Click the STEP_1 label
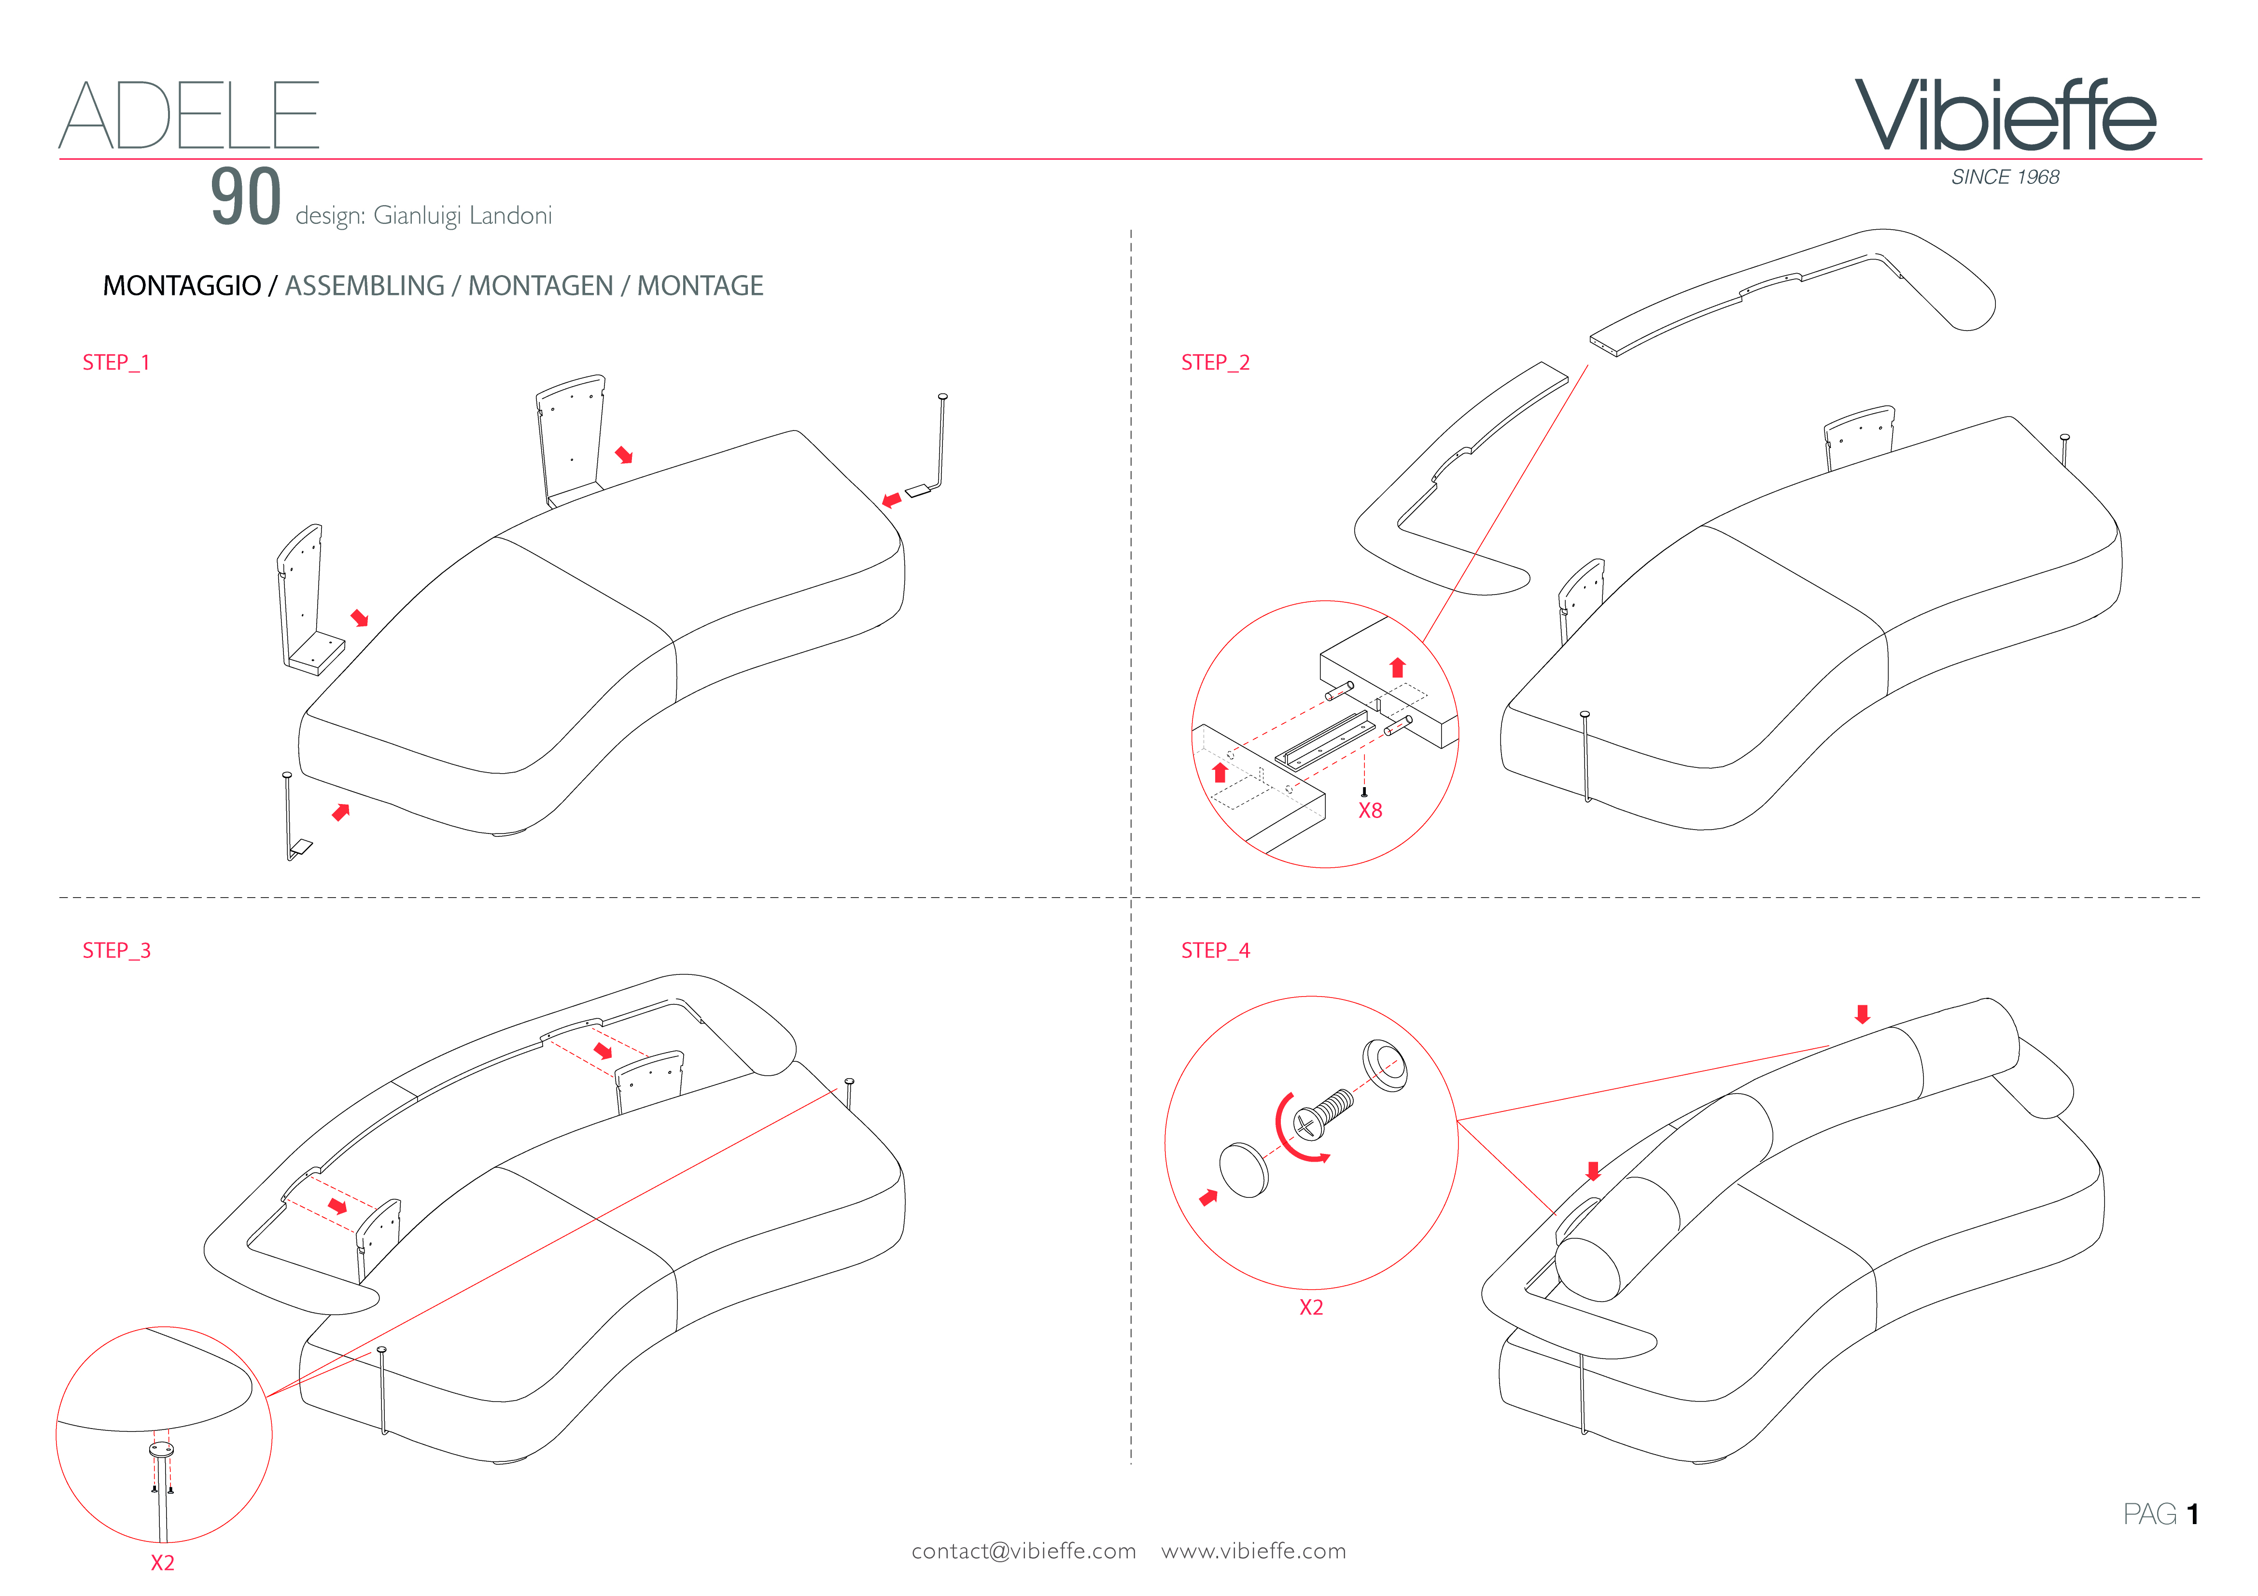(116, 363)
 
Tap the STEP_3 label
(116, 950)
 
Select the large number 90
(246, 197)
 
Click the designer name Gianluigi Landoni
(462, 215)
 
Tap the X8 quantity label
(1370, 810)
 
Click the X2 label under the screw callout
(1311, 1307)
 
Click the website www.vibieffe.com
(1254, 1551)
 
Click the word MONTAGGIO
(182, 286)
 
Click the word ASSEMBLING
(365, 286)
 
